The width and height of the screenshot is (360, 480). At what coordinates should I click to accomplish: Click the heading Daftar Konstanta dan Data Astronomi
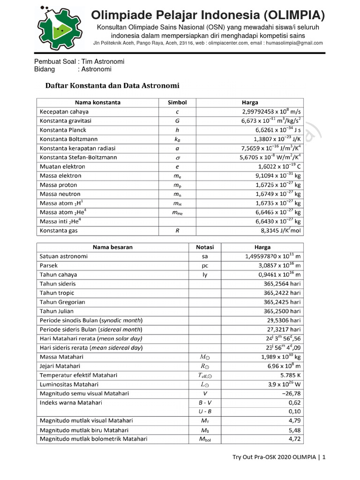[x=112, y=86]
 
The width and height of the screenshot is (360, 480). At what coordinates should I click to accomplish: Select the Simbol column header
[x=177, y=103]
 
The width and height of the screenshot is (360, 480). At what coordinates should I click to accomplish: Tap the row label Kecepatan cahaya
[x=64, y=112]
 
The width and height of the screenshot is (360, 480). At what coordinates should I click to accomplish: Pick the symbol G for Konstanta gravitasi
[x=177, y=121]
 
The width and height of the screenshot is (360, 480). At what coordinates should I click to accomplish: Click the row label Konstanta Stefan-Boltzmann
[x=78, y=157]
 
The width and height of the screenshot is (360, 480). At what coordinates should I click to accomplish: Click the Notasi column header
[x=205, y=247]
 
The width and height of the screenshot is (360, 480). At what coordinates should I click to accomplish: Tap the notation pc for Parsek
[x=205, y=266]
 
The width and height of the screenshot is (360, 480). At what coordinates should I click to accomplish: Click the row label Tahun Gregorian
[x=62, y=302]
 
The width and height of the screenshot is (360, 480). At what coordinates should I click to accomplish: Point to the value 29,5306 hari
[x=282, y=321]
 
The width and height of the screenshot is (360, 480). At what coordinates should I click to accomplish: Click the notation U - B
[x=205, y=412]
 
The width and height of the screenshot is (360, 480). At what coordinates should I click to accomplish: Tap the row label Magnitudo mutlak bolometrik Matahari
[x=94, y=439]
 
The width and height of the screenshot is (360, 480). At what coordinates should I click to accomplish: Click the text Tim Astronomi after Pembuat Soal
[x=103, y=61]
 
